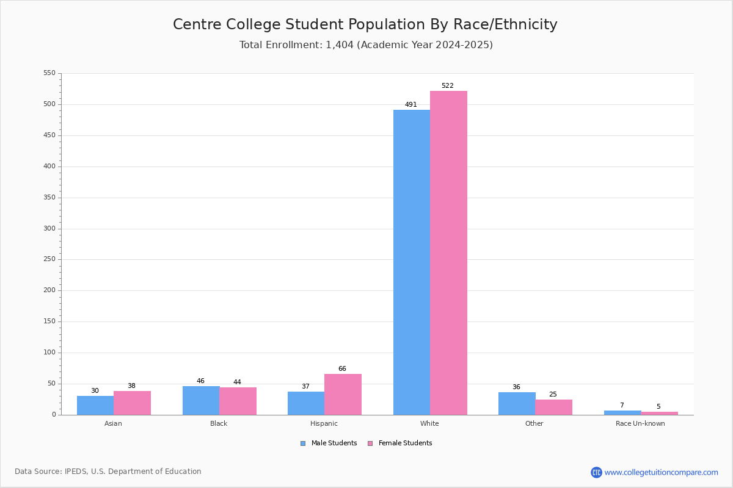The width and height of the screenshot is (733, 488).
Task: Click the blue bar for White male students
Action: click(x=412, y=262)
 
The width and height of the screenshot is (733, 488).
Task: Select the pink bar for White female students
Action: click(x=448, y=253)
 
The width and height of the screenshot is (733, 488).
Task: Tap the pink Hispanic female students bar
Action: click(x=343, y=395)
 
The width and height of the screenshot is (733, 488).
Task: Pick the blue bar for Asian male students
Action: click(x=95, y=406)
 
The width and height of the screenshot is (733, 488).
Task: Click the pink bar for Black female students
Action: click(x=238, y=401)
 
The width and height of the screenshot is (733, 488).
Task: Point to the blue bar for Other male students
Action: click(x=517, y=404)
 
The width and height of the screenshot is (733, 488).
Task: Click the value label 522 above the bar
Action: click(x=448, y=85)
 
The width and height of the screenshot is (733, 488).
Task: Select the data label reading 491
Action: click(x=411, y=104)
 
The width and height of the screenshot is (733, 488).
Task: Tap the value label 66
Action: click(x=342, y=368)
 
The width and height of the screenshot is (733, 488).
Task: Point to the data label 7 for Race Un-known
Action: click(x=622, y=405)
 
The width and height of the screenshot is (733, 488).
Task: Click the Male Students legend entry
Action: click(x=329, y=443)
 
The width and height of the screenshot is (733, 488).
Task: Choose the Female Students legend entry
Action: click(x=400, y=443)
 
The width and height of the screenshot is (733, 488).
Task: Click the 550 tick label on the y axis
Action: click(x=49, y=73)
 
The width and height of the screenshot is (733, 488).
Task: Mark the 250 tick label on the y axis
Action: click(x=49, y=259)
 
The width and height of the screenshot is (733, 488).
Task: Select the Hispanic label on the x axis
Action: click(x=324, y=423)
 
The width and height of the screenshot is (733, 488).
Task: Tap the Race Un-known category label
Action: click(x=640, y=423)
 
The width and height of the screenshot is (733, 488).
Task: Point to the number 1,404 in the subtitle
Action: click(x=340, y=45)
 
